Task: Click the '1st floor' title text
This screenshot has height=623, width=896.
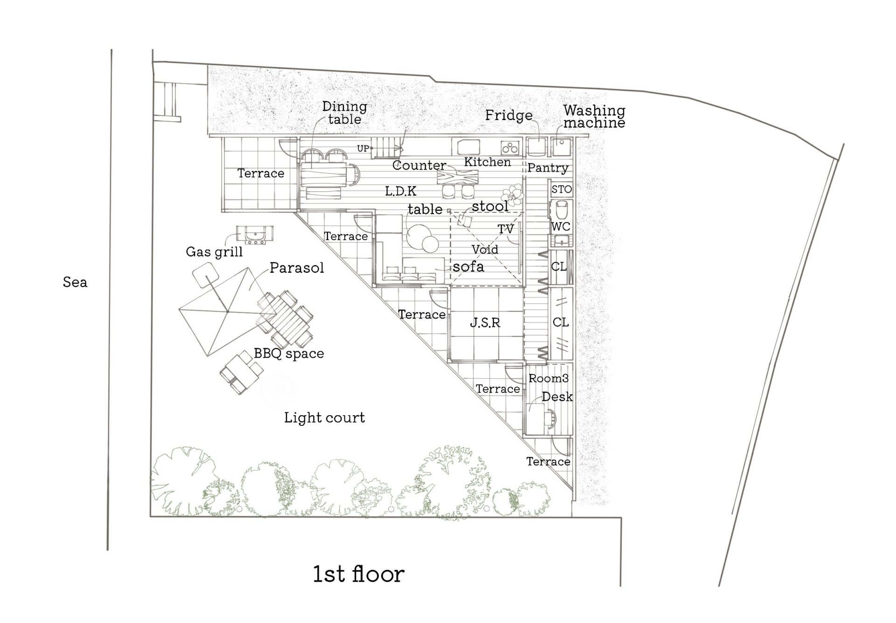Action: tap(358, 574)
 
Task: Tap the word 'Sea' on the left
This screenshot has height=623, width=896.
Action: tap(75, 282)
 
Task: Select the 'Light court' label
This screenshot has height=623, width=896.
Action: tap(324, 418)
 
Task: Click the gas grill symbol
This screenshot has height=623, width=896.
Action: tap(255, 235)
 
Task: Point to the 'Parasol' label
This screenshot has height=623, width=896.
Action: tap(297, 268)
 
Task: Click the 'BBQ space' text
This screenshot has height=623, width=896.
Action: tap(289, 354)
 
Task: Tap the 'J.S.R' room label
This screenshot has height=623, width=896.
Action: tap(485, 323)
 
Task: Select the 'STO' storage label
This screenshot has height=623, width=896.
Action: tap(561, 189)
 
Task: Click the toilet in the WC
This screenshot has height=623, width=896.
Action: tap(561, 211)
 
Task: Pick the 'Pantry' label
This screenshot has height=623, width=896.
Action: tap(548, 168)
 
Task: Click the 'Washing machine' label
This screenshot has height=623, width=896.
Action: tap(594, 116)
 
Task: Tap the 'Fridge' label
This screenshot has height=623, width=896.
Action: tap(509, 115)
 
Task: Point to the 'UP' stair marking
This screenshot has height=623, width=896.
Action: tap(363, 149)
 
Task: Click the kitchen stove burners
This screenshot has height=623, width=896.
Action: tap(510, 148)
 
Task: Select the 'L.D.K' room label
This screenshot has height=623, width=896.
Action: tap(401, 191)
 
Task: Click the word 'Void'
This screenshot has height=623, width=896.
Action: tap(485, 249)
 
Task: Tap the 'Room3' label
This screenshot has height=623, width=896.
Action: tap(548, 378)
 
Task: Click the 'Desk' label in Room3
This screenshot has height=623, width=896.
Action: tap(557, 396)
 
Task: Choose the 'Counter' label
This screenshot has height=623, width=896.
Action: tap(419, 165)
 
